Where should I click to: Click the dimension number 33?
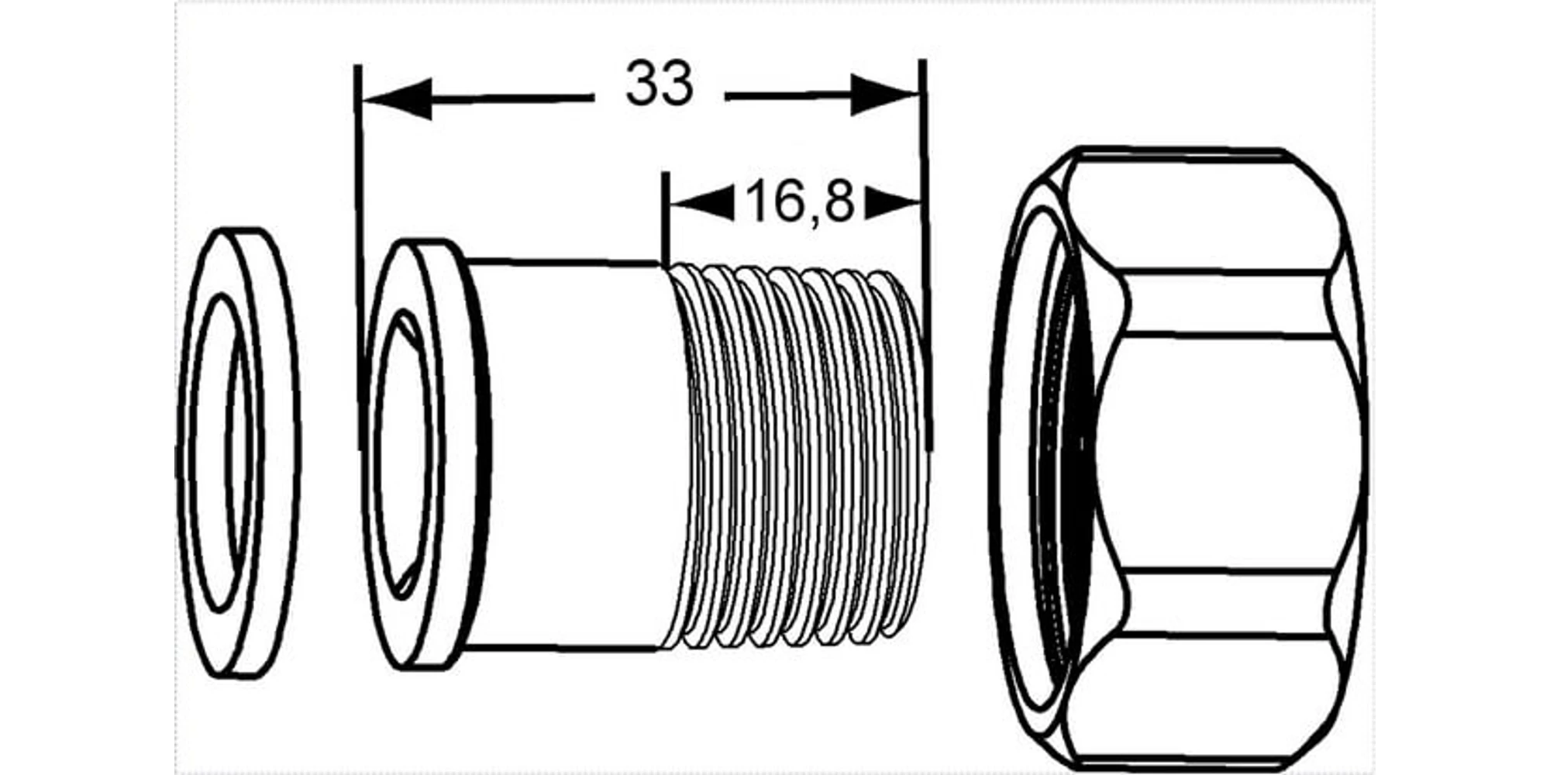coord(659,84)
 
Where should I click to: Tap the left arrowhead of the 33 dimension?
coord(397,99)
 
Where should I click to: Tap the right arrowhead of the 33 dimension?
coord(884,95)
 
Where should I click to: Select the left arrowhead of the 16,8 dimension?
coord(701,203)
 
